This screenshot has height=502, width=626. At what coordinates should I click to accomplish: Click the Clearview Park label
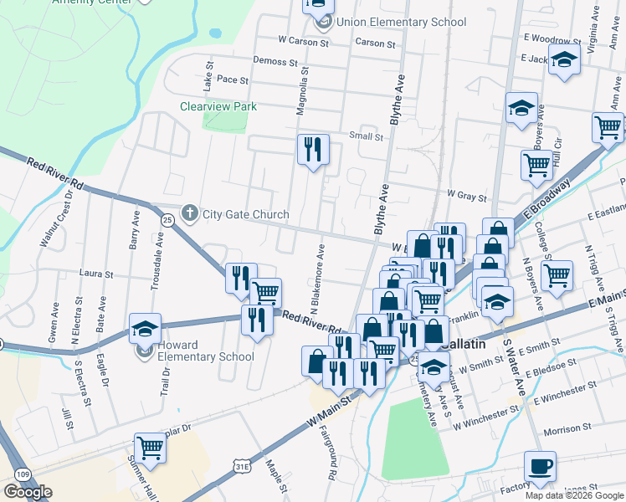pyautogui.click(x=218, y=106)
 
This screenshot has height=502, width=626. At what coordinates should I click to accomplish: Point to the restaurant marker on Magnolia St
pyautogui.click(x=313, y=151)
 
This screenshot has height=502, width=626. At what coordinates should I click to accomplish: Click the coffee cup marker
pyautogui.click(x=540, y=467)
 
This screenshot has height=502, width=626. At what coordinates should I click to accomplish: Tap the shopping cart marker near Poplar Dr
pyautogui.click(x=150, y=448)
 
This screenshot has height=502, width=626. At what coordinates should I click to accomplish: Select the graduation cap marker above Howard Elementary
pyautogui.click(x=145, y=330)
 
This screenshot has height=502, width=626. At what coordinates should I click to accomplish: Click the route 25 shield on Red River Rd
pyautogui.click(x=167, y=219)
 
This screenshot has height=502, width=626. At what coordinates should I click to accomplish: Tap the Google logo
pyautogui.click(x=28, y=492)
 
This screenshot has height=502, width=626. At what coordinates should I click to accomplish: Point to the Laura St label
pyautogui.click(x=95, y=273)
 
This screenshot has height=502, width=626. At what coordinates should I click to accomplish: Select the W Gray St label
pyautogui.click(x=467, y=196)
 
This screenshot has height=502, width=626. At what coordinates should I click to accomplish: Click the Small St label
pyautogui.click(x=366, y=136)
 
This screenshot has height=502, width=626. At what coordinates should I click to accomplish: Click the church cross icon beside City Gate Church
pyautogui.click(x=190, y=214)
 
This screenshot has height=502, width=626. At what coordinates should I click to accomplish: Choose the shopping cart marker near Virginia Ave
pyautogui.click(x=608, y=128)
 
